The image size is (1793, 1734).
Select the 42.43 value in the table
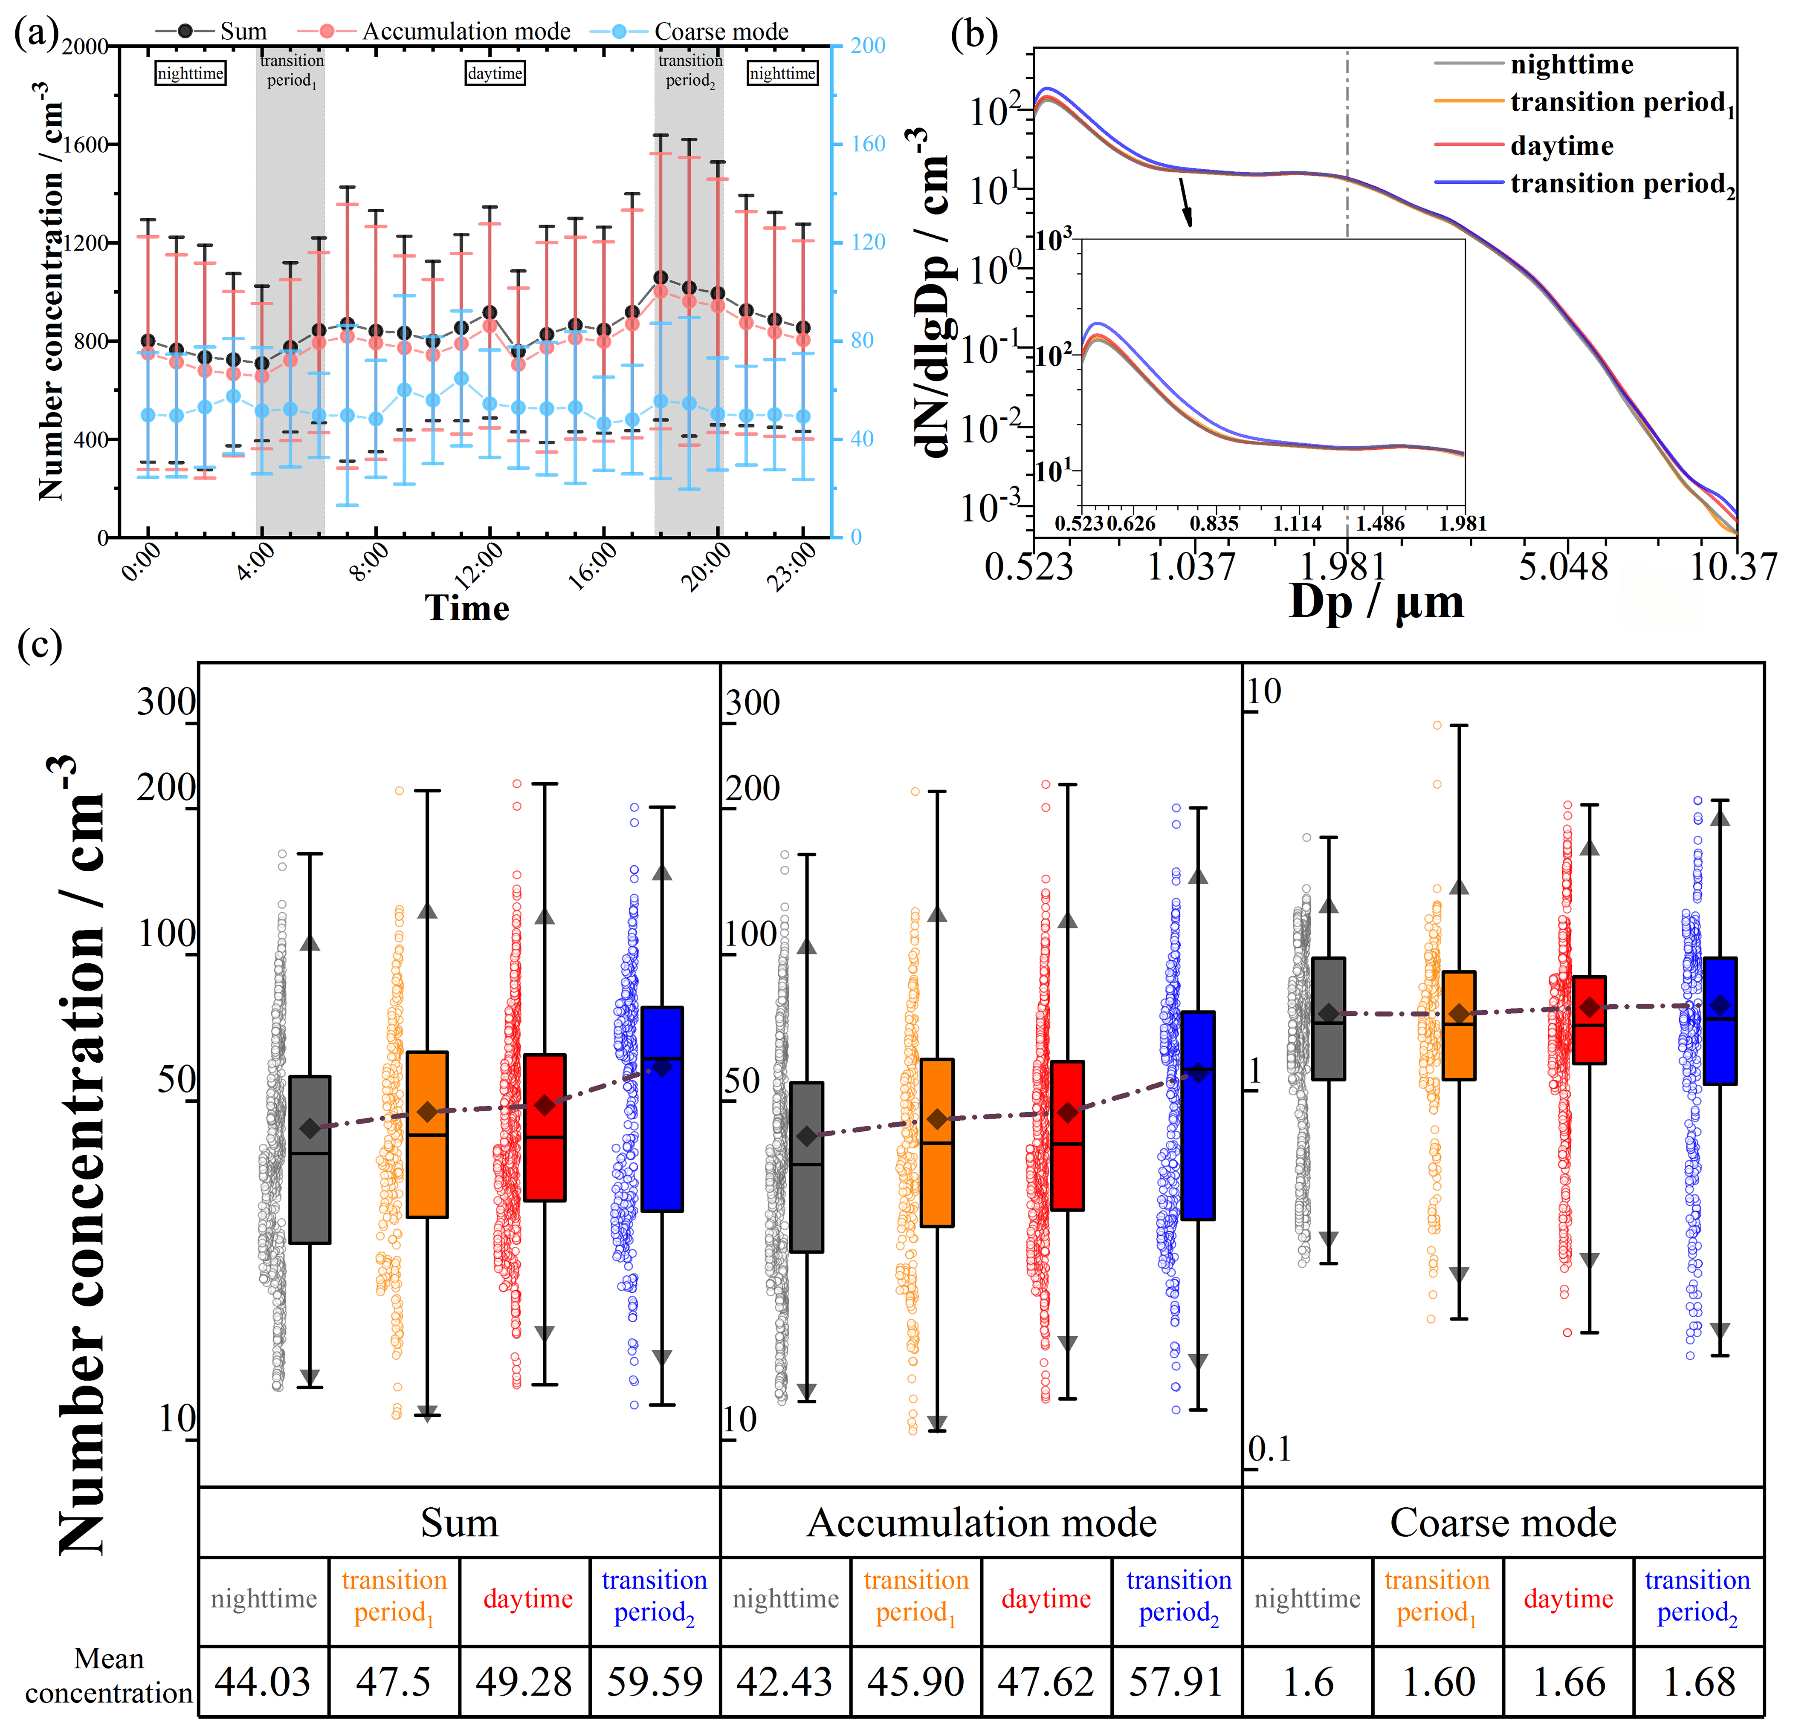tap(785, 1681)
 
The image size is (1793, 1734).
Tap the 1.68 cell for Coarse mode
tap(1699, 1681)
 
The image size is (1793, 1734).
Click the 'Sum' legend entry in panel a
tap(243, 31)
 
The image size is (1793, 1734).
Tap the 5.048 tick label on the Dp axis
tap(1562, 567)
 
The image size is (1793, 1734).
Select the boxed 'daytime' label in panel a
tap(495, 73)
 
